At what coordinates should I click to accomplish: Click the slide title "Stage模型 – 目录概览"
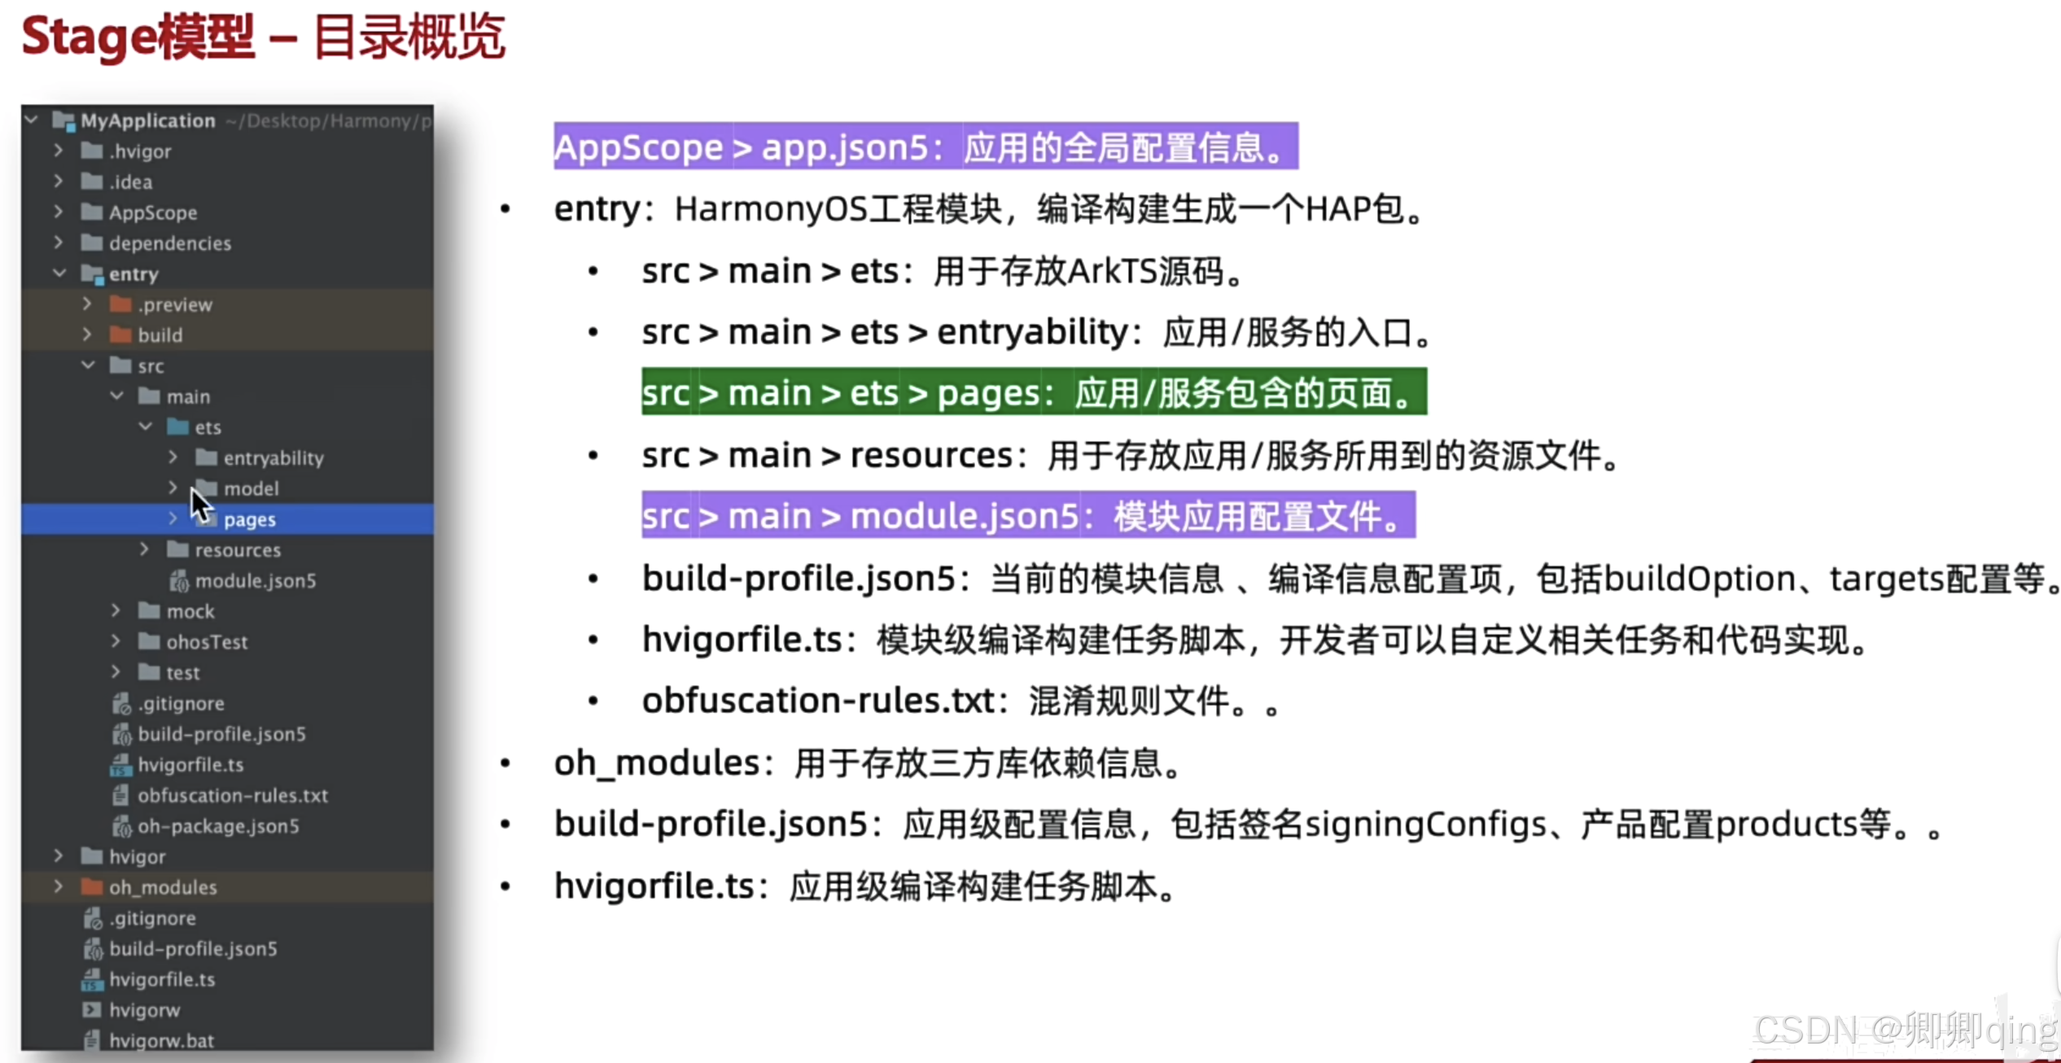coord(263,37)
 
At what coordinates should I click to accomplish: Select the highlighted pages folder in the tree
coord(249,519)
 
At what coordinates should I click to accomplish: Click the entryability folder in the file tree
coord(273,458)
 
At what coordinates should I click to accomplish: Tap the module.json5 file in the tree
coord(255,581)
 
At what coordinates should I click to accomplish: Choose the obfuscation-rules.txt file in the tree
coord(232,795)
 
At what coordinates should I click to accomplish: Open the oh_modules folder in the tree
coord(163,887)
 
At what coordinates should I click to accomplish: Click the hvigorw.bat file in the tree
coord(161,1040)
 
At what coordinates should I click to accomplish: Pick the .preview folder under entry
coord(174,304)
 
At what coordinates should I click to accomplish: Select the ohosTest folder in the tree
coord(207,642)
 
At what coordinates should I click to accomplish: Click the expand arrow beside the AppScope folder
coord(58,212)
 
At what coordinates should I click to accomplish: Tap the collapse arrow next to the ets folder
coord(146,427)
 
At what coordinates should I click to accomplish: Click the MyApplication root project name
coord(147,120)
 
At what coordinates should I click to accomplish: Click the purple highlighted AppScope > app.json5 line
coord(925,147)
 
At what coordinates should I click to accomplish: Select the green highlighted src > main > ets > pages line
coord(1033,392)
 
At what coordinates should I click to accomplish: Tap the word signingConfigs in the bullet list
coord(1424,825)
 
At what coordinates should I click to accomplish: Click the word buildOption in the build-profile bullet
coord(1700,579)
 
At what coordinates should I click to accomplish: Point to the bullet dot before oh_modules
coord(505,763)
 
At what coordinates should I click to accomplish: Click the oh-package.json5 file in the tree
coord(217,826)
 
